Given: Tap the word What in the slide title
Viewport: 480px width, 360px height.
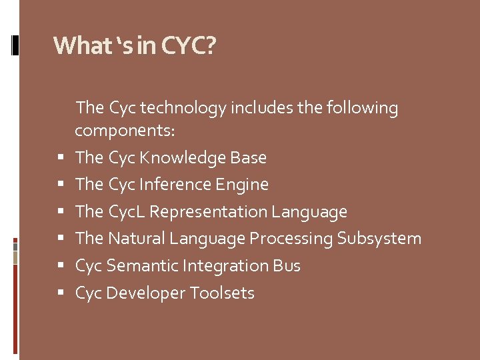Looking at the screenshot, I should pyautogui.click(x=75, y=46).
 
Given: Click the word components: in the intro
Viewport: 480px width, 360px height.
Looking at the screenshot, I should pyautogui.click(x=125, y=131).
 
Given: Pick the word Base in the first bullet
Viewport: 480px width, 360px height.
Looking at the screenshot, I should pyautogui.click(x=248, y=158).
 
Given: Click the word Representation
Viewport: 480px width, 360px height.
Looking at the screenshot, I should pyautogui.click(x=209, y=212).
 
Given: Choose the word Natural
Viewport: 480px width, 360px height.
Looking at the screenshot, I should pyautogui.click(x=137, y=239).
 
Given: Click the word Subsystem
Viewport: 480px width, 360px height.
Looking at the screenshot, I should pyautogui.click(x=379, y=239).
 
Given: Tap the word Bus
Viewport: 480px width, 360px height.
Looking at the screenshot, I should pyautogui.click(x=287, y=266).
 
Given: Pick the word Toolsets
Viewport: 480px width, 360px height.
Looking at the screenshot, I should pyautogui.click(x=222, y=293).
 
